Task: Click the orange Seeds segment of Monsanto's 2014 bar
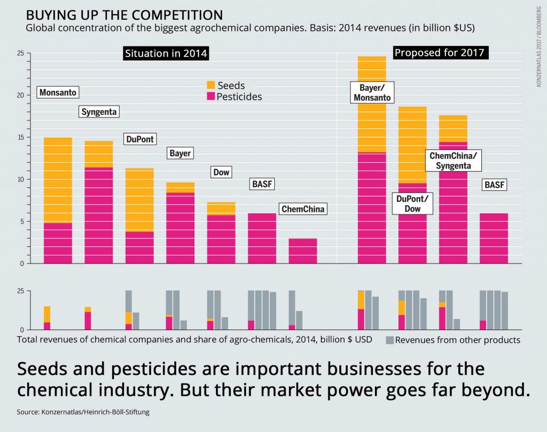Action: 58,180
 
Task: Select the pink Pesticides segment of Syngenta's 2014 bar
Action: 98,215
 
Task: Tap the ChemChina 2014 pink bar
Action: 303,251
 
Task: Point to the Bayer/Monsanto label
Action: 372,92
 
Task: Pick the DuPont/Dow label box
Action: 412,204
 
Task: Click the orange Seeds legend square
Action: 210,85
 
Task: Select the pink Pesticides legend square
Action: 210,97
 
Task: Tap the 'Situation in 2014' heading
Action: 166,53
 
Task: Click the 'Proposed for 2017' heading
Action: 439,53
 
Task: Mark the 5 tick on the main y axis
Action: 22,221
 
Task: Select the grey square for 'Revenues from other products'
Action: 390,340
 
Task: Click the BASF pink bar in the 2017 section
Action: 494,238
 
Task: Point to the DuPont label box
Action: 139,139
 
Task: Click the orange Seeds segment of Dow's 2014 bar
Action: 221,208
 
